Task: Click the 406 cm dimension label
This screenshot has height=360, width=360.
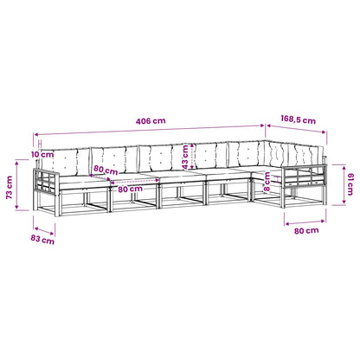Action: click(x=151, y=121)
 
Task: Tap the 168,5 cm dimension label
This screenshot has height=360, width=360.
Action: click(x=298, y=119)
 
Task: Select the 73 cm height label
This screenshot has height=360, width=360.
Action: click(x=10, y=188)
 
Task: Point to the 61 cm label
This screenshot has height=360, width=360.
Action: click(x=350, y=184)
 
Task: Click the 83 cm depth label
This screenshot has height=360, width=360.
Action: click(x=42, y=239)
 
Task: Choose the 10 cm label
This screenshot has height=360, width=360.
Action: click(x=42, y=154)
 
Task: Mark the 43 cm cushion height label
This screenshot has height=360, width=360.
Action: click(x=185, y=157)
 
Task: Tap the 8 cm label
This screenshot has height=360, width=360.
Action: click(x=267, y=182)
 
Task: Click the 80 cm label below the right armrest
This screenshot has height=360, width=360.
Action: click(x=306, y=231)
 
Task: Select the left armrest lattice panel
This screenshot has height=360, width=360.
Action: click(x=45, y=181)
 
